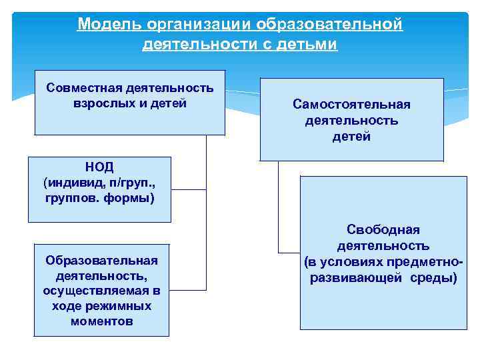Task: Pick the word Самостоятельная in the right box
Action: [351, 105]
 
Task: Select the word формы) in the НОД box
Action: [132, 198]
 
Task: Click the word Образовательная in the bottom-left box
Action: [101, 260]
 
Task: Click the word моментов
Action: [101, 321]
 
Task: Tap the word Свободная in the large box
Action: [383, 230]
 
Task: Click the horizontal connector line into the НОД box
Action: [189, 190]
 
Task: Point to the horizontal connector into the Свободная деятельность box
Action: [289, 252]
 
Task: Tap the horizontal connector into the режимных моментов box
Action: [187, 290]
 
